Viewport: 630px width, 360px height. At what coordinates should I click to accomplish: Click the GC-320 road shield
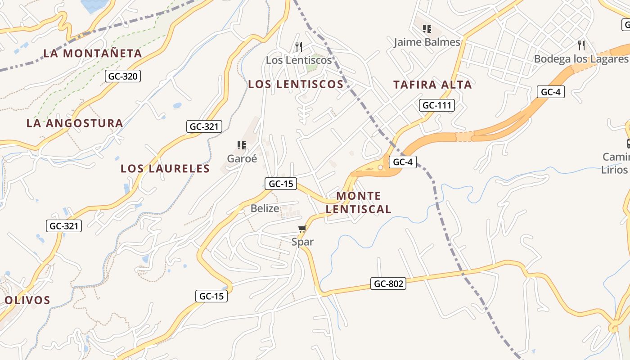[123, 76]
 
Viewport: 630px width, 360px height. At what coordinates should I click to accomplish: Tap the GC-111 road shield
[436, 105]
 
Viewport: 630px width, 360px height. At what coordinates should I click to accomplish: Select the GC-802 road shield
[388, 283]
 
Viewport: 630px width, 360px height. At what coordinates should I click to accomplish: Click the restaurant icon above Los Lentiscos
[298, 46]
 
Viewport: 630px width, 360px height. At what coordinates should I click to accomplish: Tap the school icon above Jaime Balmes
[427, 29]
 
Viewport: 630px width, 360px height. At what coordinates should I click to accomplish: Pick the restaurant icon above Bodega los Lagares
[581, 45]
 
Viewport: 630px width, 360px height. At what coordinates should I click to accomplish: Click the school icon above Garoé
[242, 145]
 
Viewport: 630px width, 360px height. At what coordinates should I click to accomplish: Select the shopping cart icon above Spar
[302, 229]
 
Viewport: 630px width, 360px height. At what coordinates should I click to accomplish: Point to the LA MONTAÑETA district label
[93, 54]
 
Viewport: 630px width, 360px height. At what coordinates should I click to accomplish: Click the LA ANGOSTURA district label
[75, 123]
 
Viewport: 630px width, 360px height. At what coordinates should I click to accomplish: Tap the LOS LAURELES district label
[165, 169]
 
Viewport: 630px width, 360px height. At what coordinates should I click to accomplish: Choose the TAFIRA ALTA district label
[432, 85]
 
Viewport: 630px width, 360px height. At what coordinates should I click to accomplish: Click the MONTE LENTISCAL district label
[359, 202]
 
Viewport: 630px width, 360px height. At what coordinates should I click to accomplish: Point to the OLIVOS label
[27, 300]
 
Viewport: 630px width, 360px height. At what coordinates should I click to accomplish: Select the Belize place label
[265, 208]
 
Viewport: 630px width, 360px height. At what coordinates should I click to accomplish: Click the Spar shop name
[302, 242]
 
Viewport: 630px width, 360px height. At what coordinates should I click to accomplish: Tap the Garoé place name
[242, 158]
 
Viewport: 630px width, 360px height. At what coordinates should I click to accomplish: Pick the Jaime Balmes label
[427, 42]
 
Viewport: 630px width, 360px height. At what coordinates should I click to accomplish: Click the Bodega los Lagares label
[580, 59]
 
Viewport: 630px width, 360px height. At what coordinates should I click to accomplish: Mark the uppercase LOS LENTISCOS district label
[296, 84]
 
